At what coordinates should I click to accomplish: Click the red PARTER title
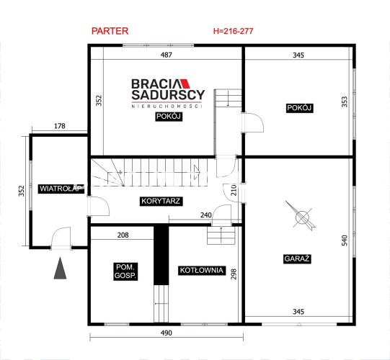pyautogui.click(x=110, y=31)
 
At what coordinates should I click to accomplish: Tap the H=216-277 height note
pyautogui.click(x=234, y=31)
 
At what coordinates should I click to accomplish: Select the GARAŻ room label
pyautogui.click(x=297, y=258)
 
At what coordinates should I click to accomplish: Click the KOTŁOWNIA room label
pyautogui.click(x=201, y=270)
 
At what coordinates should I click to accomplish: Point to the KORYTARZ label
pyautogui.click(x=161, y=201)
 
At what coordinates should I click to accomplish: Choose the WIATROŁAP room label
pyautogui.click(x=61, y=189)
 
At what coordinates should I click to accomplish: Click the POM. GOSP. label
pyautogui.click(x=125, y=271)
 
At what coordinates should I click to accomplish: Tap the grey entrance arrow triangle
pyautogui.click(x=60, y=269)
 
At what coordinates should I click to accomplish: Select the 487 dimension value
pyautogui.click(x=166, y=55)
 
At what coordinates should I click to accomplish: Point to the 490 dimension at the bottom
pyautogui.click(x=166, y=333)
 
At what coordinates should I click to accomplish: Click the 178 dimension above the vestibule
pyautogui.click(x=60, y=126)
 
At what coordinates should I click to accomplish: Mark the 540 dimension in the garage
pyautogui.click(x=345, y=240)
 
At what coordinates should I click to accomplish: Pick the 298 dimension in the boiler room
pyautogui.click(x=234, y=274)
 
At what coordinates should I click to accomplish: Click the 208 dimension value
pyautogui.click(x=123, y=235)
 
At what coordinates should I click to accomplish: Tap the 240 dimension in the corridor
pyautogui.click(x=206, y=215)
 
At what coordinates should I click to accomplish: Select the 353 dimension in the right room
pyautogui.click(x=345, y=102)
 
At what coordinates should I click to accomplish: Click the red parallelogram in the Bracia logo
pyautogui.click(x=185, y=84)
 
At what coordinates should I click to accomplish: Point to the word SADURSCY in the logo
pyautogui.click(x=168, y=94)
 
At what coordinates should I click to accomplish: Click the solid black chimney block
pyautogui.click(x=161, y=255)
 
